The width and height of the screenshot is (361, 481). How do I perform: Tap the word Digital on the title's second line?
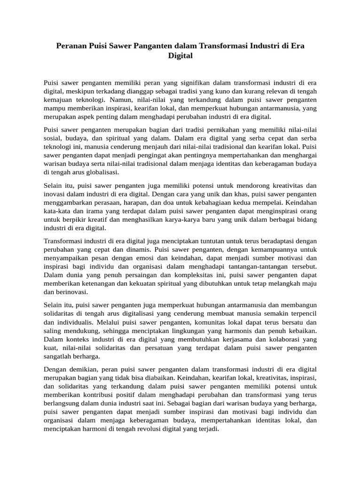pyautogui.click(x=180, y=55)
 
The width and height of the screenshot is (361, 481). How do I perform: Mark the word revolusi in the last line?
pyautogui.click(x=133, y=428)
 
